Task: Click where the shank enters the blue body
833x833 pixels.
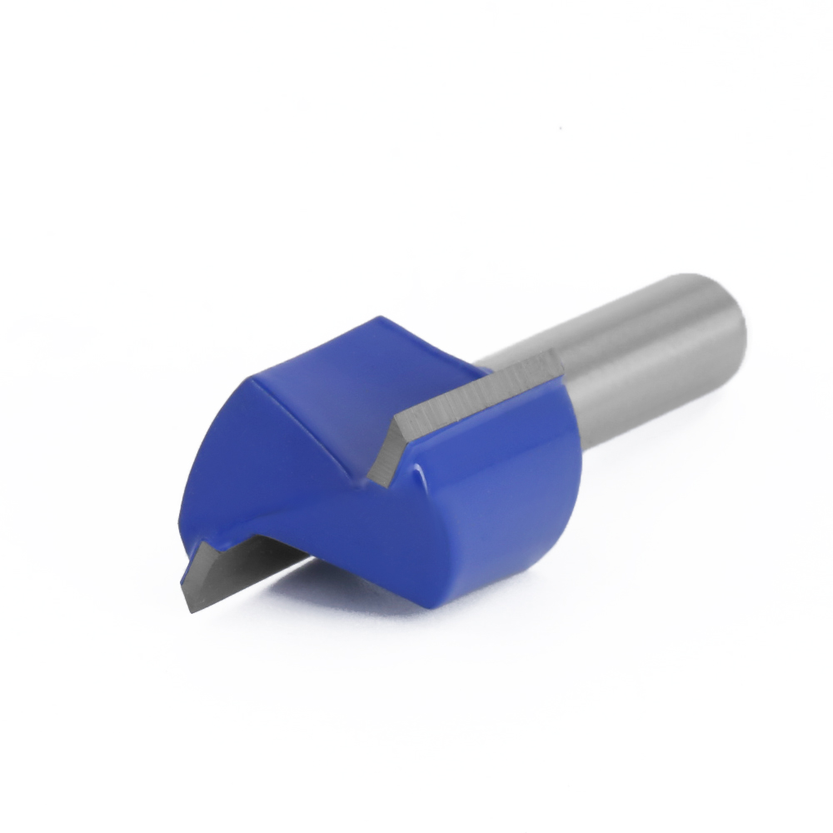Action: [575, 416]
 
